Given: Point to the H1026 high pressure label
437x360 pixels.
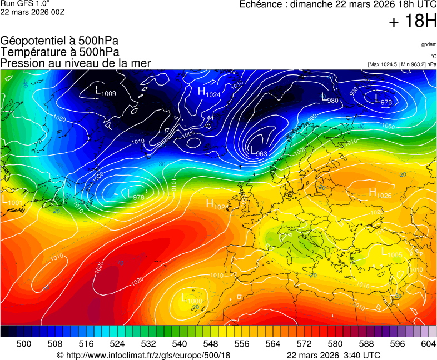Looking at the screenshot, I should pyautogui.click(x=380, y=193).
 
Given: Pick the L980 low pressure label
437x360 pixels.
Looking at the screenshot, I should pyautogui.click(x=330, y=99).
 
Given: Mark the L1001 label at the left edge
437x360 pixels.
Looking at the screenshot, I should pyautogui.click(x=12, y=200).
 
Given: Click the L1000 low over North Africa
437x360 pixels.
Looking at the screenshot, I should pyautogui.click(x=192, y=299).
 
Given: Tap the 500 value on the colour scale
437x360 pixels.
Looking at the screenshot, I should pyautogui.click(x=24, y=344).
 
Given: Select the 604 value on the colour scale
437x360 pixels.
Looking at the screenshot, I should pyautogui.click(x=428, y=344).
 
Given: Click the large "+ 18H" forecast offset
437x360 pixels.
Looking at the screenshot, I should pyautogui.click(x=413, y=22).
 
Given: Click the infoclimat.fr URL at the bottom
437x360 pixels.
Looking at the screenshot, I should pyautogui.click(x=143, y=355).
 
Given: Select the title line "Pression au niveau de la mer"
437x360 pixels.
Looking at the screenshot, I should pyautogui.click(x=76, y=63).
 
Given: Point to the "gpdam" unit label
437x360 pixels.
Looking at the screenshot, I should pyautogui.click(x=428, y=44).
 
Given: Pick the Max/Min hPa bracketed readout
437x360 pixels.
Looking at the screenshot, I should pyautogui.click(x=401, y=64).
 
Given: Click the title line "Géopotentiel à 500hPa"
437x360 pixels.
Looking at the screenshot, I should pyautogui.click(x=59, y=41).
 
